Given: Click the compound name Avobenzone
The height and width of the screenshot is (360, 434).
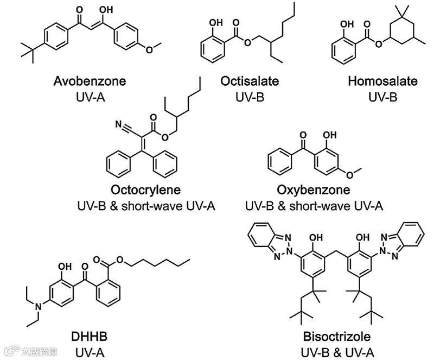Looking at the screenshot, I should click(90, 81).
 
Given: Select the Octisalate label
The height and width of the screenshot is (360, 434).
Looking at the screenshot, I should click(250, 81).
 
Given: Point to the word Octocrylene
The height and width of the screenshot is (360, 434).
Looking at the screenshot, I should click(146, 191).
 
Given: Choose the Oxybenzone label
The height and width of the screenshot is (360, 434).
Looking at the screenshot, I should click(314, 191).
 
